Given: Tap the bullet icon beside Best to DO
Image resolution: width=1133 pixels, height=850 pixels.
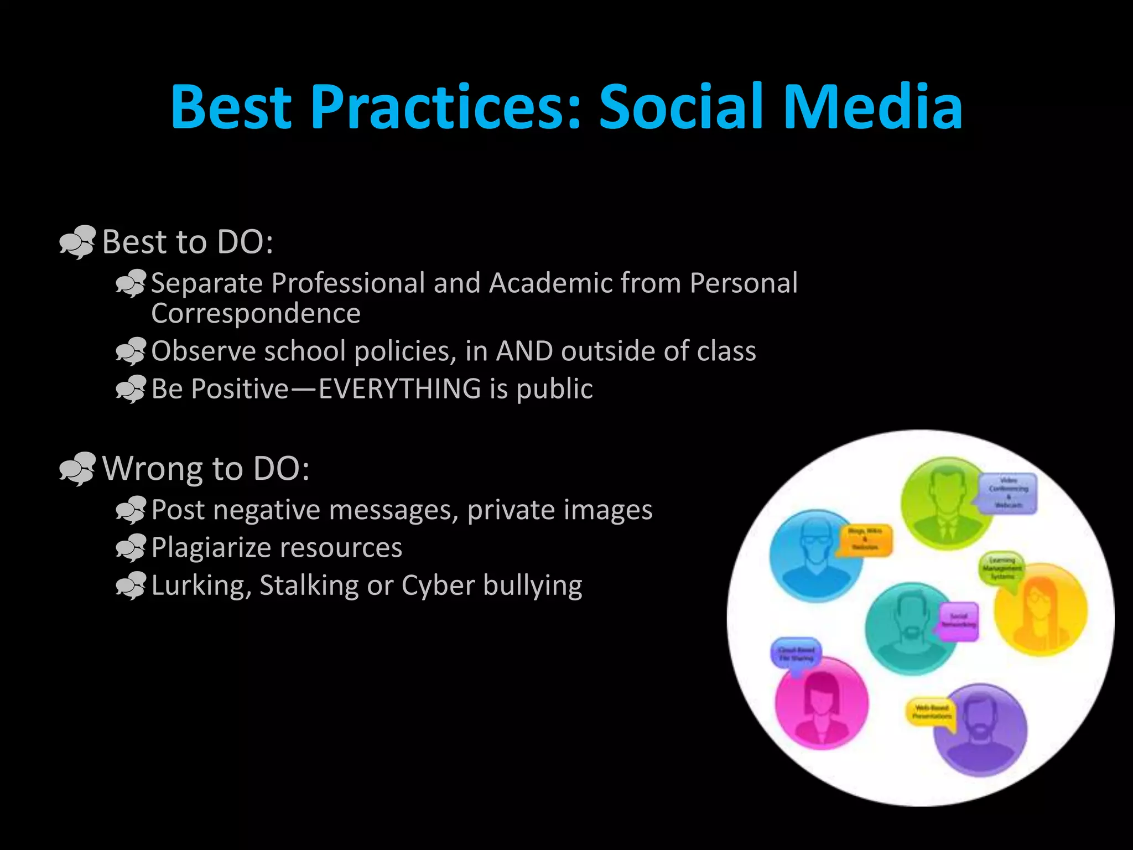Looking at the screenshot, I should point(77,242).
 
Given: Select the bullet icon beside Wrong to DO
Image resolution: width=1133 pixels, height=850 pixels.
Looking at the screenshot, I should point(77,469).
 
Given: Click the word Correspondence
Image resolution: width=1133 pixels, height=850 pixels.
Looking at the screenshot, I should point(256,314).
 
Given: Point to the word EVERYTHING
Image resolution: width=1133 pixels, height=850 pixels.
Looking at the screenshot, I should point(399,388).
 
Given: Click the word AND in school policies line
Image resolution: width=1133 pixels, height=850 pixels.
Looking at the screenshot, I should point(524,351).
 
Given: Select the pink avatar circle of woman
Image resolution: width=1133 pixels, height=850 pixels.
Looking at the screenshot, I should point(821,703).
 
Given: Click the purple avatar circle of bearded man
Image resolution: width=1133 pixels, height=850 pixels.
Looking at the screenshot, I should point(980,730).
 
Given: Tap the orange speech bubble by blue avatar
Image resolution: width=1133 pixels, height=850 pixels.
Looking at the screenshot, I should point(864,539).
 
